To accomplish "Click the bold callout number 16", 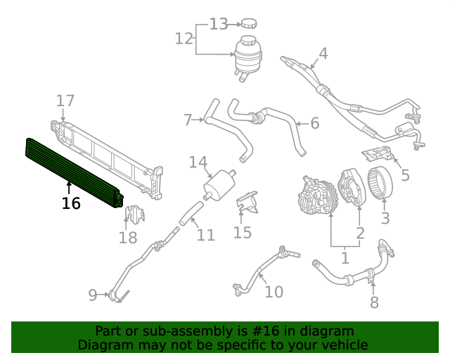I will pyautogui.click(x=71, y=204).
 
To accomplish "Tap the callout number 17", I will pyautogui.click(x=65, y=101).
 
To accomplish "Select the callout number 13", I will pyautogui.click(x=219, y=25).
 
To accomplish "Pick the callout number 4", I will pyautogui.click(x=323, y=53).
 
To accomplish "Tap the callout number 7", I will pyautogui.click(x=188, y=120).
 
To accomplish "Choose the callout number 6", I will pyautogui.click(x=314, y=124).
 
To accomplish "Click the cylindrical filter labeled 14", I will pyautogui.click(x=219, y=184).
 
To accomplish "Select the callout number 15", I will pyautogui.click(x=243, y=232).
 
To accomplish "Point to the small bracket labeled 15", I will pyautogui.click(x=247, y=204).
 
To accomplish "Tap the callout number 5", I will pyautogui.click(x=406, y=175).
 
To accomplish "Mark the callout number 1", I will pyautogui.click(x=345, y=258).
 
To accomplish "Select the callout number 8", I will pyautogui.click(x=374, y=302).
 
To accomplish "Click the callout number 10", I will pyautogui.click(x=274, y=291).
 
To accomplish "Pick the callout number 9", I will pyautogui.click(x=93, y=295).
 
